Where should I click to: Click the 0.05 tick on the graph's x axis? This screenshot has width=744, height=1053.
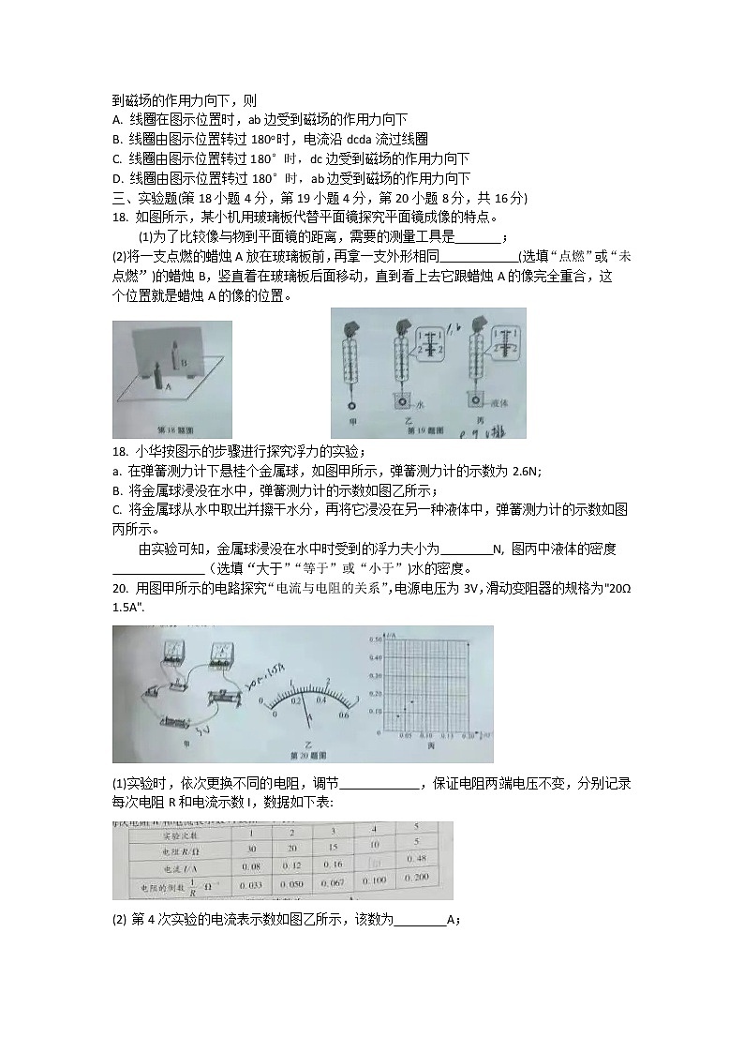click(405, 737)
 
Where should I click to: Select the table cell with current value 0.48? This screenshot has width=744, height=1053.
click(420, 859)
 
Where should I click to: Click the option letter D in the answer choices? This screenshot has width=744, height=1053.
click(117, 178)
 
